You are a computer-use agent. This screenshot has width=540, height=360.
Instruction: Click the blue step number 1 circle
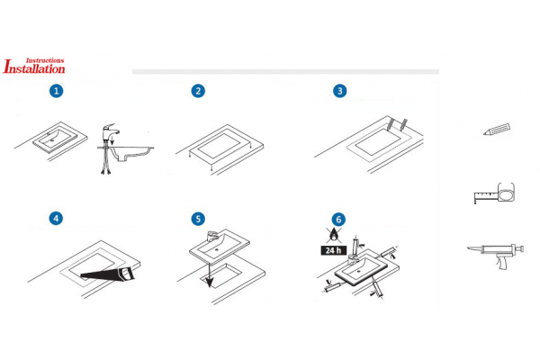(x=57, y=91)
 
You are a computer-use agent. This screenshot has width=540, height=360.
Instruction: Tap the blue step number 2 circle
(x=198, y=91)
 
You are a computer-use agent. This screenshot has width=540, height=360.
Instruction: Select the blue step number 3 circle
(x=340, y=91)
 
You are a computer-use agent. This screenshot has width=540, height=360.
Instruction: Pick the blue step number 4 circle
(x=56, y=219)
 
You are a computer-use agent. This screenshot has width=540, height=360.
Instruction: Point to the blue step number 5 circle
(x=198, y=219)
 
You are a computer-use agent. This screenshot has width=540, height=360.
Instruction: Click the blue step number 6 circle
(x=338, y=220)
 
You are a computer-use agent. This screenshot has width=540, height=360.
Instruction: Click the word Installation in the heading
(x=34, y=67)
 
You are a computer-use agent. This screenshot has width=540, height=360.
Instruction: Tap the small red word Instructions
(x=45, y=60)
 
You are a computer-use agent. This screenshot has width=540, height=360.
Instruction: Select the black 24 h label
(x=333, y=250)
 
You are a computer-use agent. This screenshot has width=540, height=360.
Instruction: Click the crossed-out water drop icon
(x=334, y=235)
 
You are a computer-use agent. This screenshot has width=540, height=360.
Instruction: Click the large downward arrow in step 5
(x=209, y=274)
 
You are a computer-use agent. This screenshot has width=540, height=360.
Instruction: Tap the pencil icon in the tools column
(x=497, y=130)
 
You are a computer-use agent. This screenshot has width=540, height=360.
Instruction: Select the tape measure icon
(x=494, y=193)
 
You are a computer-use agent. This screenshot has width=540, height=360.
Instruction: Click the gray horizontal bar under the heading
(x=285, y=72)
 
